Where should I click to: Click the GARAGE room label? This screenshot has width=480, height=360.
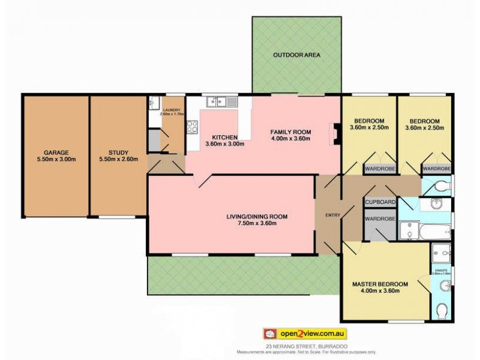pos(55,152)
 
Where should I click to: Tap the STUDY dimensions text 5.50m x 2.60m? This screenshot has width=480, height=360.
pos(118,160)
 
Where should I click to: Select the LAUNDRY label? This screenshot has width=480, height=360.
pos(172,110)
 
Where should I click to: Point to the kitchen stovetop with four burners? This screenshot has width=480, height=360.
pos(193,127)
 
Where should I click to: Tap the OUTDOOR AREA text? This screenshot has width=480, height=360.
pos(296,55)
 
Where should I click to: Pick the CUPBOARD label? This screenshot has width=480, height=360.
pos(380,203)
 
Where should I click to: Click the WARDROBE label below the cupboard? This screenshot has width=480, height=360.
pos(380,219)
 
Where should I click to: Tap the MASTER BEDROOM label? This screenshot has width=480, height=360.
pos(380,284)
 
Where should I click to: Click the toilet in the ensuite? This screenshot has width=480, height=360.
pos(442,311)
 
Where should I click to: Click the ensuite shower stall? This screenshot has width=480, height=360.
pos(441,253)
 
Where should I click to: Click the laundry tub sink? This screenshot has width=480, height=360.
pos(154,102)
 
